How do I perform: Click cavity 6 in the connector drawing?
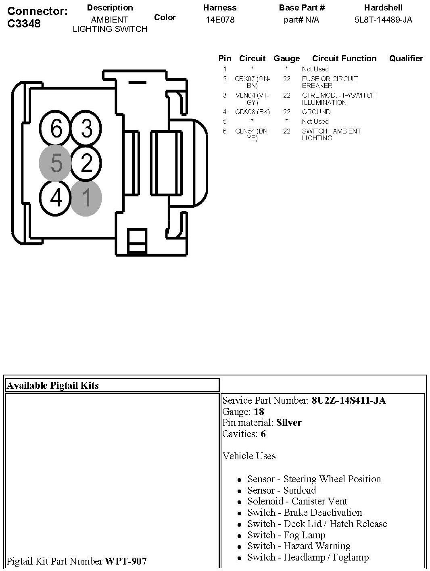point(56,129)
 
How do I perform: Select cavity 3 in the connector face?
point(86,129)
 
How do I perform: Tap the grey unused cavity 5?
point(56,163)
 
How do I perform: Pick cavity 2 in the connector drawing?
point(86,163)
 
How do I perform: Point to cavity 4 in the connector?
point(56,198)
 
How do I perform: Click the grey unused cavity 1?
point(86,198)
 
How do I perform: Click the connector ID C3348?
point(24,23)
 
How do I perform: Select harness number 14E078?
point(220,20)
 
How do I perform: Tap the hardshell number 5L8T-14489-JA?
point(383,20)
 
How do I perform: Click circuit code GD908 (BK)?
point(252,112)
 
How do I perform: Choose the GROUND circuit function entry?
point(316,112)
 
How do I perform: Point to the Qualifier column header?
point(406,58)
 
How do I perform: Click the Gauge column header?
point(286,58)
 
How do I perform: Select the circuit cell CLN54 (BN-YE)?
point(252,134)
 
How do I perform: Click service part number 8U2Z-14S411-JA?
point(349,400)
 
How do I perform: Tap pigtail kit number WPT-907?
point(126,561)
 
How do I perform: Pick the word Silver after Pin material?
point(289,423)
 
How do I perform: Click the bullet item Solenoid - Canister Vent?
point(297,501)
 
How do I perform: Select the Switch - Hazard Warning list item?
point(299,546)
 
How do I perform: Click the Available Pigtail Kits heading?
point(53,386)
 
